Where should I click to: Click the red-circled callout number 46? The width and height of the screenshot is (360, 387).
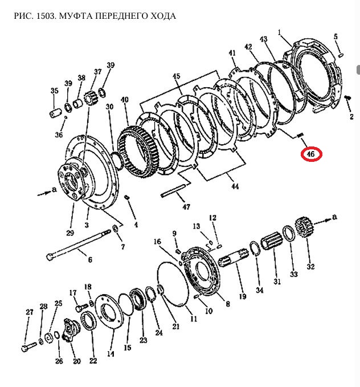click(x=311, y=154)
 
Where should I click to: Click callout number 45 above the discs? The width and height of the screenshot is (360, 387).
click(x=176, y=76)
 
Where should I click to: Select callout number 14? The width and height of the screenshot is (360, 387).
click(x=111, y=354)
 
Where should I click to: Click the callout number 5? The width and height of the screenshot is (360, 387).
click(x=336, y=37)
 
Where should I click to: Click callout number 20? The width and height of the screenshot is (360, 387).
click(x=76, y=361)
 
